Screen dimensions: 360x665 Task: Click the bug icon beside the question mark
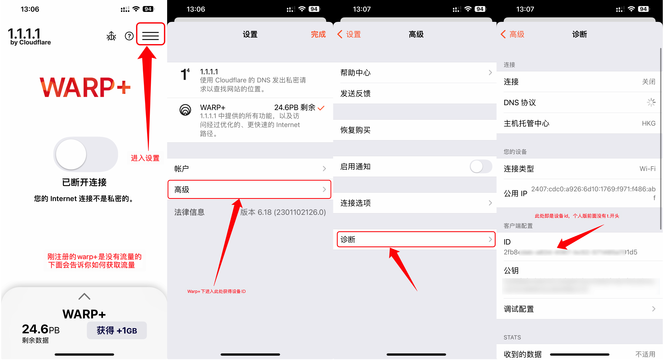click(x=111, y=36)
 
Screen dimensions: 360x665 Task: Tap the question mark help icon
click(x=129, y=36)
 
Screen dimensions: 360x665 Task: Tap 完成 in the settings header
click(x=318, y=34)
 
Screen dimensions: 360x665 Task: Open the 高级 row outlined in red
click(x=249, y=190)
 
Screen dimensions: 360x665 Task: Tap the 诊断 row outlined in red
click(x=416, y=239)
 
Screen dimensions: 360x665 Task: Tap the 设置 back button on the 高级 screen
click(x=349, y=34)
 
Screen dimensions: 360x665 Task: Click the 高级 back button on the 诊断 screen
click(x=513, y=34)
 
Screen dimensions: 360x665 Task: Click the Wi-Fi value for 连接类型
click(x=647, y=169)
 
